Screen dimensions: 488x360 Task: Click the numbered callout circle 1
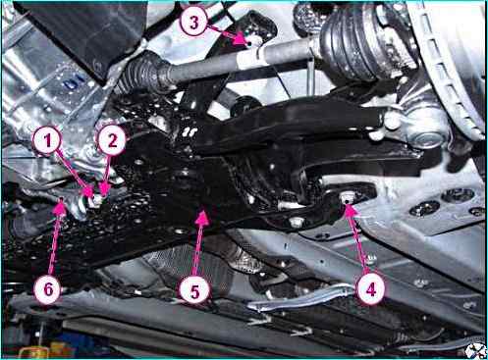click(x=48, y=141)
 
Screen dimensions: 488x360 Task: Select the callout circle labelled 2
click(x=112, y=141)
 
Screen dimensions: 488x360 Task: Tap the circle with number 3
click(x=194, y=23)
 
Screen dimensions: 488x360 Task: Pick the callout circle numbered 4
click(x=370, y=289)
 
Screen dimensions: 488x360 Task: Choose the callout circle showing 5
click(x=194, y=290)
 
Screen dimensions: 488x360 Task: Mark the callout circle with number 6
click(x=48, y=289)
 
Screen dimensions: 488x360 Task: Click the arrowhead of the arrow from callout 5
click(x=202, y=217)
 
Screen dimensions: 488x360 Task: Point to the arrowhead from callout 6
click(x=61, y=207)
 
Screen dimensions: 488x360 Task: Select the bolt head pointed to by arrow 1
click(x=96, y=200)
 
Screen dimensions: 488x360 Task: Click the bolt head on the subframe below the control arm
click(x=296, y=223)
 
